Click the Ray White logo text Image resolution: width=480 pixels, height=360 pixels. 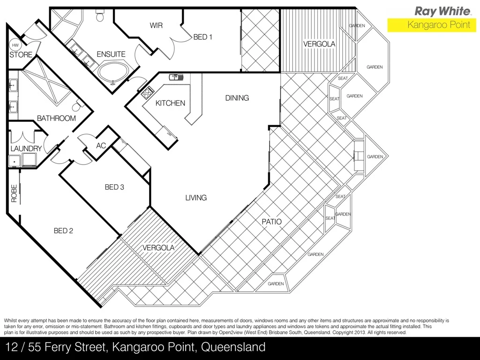click(x=442, y=11)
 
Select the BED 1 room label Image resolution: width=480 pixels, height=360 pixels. click(x=202, y=37)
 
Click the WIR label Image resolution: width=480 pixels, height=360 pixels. click(x=156, y=25)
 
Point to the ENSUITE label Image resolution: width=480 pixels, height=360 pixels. click(x=111, y=54)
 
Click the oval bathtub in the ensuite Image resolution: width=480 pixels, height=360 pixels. click(x=112, y=73)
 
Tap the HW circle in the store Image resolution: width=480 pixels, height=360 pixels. click(x=15, y=45)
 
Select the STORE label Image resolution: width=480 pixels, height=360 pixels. click(x=21, y=55)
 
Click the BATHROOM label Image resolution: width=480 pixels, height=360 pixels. click(x=56, y=118)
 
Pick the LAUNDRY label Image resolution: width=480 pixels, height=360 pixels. click(x=26, y=149)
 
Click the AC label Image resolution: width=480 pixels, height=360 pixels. click(x=101, y=146)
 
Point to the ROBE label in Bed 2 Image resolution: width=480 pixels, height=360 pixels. click(x=14, y=193)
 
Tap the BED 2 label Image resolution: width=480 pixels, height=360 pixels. click(x=64, y=231)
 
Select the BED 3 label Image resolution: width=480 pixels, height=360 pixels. click(x=114, y=187)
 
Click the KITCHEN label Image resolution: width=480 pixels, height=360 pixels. click(x=170, y=103)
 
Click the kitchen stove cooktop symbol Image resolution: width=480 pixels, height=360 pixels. click(x=147, y=92)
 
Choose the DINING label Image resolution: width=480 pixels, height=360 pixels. click(x=237, y=98)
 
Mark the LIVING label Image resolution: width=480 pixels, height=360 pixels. click(x=196, y=198)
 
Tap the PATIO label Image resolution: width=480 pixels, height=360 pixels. click(x=271, y=221)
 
